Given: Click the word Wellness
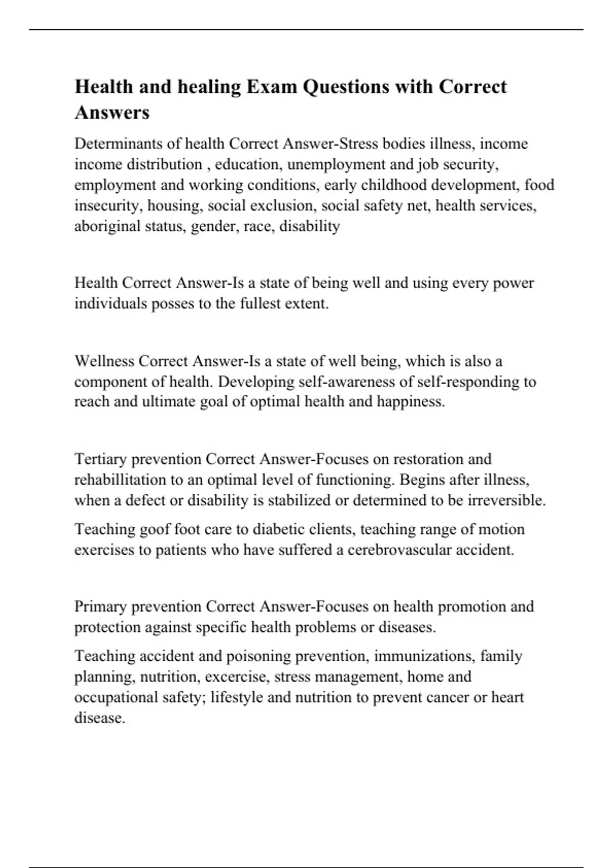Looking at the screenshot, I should click(104, 361).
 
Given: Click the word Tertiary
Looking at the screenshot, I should click(100, 459).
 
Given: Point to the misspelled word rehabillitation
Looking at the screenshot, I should click(127, 480).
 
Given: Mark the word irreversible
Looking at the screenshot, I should click(506, 500).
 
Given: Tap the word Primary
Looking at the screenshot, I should click(100, 607).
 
